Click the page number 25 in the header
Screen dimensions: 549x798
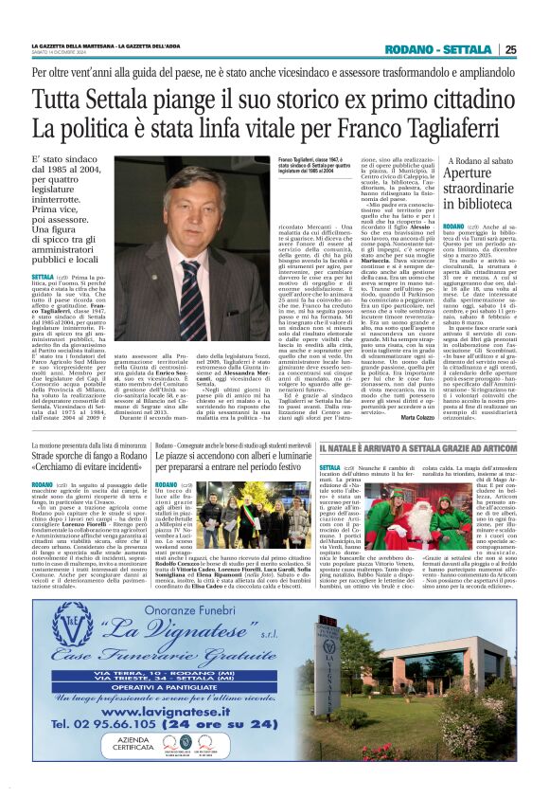(510, 49)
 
